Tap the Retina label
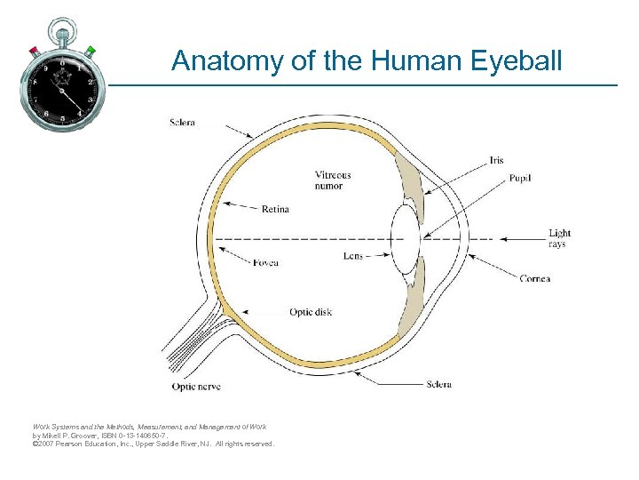(x=275, y=210)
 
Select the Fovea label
(x=265, y=263)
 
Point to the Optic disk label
(x=311, y=313)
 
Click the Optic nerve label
(x=196, y=387)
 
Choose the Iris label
(x=496, y=161)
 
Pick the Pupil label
(x=520, y=179)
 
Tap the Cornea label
(x=535, y=279)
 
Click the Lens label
(x=353, y=256)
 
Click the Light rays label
(x=559, y=238)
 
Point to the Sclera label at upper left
(x=182, y=122)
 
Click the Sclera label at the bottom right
(x=438, y=385)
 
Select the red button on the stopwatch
(x=34, y=49)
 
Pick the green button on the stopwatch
(x=91, y=49)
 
